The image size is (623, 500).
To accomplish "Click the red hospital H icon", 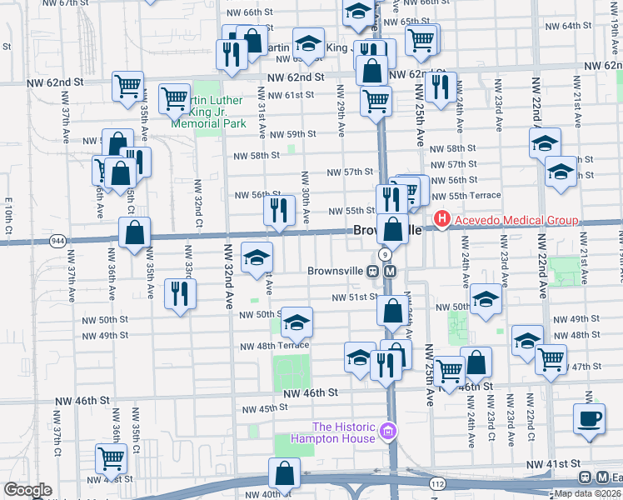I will click(441, 221).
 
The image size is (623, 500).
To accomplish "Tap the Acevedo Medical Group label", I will click(515, 221).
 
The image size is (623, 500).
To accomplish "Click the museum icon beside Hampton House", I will click(386, 432).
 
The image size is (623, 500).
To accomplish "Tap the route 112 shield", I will click(438, 483).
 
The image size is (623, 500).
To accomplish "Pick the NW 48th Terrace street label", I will click(274, 346).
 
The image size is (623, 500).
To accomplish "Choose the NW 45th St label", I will click(264, 408).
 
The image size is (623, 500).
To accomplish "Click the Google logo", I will click(27, 490).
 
